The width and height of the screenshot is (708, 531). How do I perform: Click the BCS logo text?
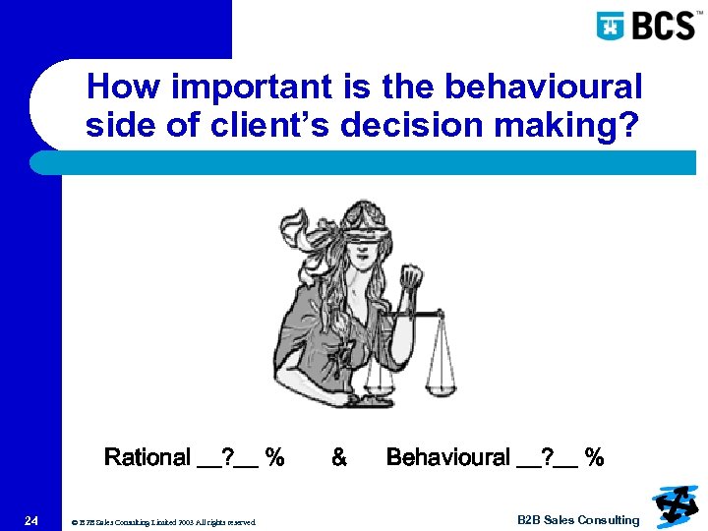(664, 25)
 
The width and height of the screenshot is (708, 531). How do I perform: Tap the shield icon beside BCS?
(612, 26)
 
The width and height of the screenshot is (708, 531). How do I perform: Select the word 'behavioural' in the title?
(544, 87)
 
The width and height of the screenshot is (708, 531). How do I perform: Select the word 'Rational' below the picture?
(147, 457)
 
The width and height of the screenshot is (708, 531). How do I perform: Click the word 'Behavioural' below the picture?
(447, 457)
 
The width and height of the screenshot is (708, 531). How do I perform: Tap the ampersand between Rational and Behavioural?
(339, 457)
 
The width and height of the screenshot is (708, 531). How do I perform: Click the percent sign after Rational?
(275, 457)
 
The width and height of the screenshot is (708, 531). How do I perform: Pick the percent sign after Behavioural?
(594, 457)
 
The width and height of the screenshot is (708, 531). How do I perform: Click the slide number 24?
(32, 520)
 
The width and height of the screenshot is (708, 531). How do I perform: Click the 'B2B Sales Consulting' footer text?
(578, 520)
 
